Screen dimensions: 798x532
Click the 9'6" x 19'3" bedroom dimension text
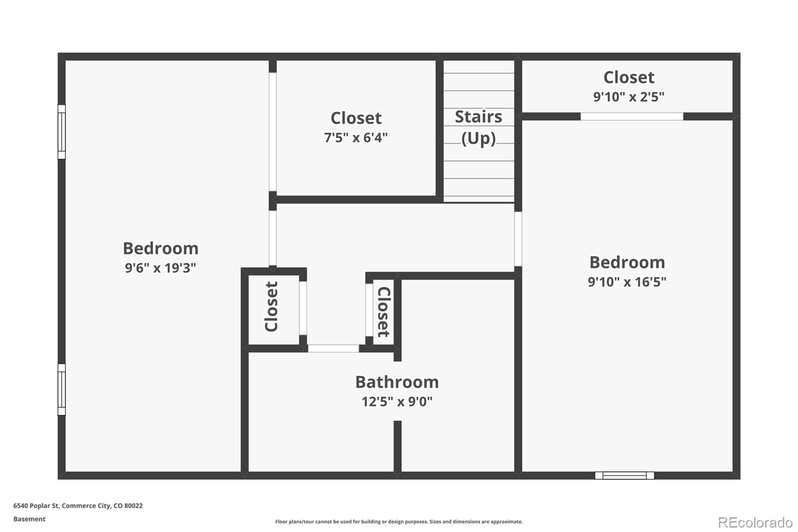coord(160,268)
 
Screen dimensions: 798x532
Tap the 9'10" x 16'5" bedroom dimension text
coord(627,281)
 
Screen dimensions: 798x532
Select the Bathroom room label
coord(397,382)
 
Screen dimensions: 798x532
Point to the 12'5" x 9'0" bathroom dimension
coord(397,402)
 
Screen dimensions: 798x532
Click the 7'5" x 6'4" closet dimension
coord(356,137)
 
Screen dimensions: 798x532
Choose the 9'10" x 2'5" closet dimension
coord(629,97)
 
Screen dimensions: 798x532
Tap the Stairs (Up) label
coord(478,128)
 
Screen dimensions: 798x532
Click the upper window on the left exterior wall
coord(62,132)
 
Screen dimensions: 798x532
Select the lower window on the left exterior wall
coord(62,389)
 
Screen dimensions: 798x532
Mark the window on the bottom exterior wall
coord(624,475)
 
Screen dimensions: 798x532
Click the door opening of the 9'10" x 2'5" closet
coord(632,116)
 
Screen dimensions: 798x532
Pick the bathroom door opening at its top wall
coord(334,348)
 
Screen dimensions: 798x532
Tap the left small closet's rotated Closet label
coord(271,306)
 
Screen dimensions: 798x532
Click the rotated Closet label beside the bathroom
coord(384,312)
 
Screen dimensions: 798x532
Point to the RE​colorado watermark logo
coord(755,523)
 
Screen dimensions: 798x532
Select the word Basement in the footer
coord(29,519)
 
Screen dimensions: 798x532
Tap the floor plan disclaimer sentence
coord(399,522)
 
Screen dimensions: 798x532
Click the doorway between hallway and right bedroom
coord(518,239)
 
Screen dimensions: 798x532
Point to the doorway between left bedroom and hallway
coord(272,238)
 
